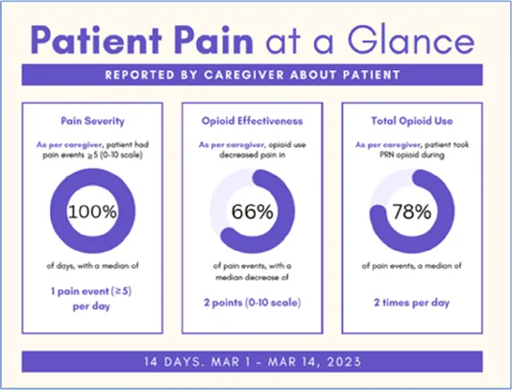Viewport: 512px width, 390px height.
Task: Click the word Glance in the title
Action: pos(411,39)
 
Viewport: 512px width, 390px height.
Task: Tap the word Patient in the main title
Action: pos(96,39)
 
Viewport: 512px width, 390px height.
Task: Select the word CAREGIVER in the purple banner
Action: pos(244,75)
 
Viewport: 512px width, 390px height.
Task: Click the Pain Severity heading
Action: pos(93,121)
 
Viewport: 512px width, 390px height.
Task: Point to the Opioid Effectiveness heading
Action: pos(252,121)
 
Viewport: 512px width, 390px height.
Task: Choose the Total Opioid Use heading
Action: pos(412,121)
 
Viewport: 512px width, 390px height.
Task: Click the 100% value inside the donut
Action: pos(92,211)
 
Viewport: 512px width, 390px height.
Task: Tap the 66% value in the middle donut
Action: pos(252,211)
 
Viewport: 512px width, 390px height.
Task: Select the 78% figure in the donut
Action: pos(412,211)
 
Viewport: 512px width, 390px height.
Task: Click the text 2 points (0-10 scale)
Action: pos(252,303)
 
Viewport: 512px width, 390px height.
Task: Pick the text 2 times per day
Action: pos(412,303)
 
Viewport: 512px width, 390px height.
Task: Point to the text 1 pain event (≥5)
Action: pos(91,291)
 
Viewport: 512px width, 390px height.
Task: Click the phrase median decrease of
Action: pos(252,278)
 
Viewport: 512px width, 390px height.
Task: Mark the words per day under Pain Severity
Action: pos(91,306)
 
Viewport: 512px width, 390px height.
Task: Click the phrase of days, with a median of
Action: pos(92,266)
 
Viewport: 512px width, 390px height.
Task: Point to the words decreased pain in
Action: pos(252,155)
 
